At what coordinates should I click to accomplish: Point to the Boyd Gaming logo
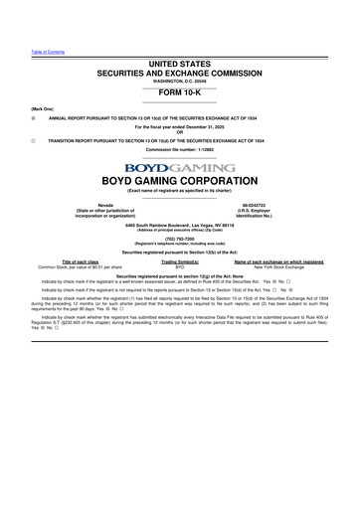(180, 168)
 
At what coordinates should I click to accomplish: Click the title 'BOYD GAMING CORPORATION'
(180, 182)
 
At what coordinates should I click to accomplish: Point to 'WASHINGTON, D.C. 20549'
(180, 82)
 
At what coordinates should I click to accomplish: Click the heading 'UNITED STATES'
(180, 64)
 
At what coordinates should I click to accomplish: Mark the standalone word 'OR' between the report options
(180, 133)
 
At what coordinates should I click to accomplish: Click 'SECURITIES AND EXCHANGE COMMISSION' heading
(180, 74)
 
